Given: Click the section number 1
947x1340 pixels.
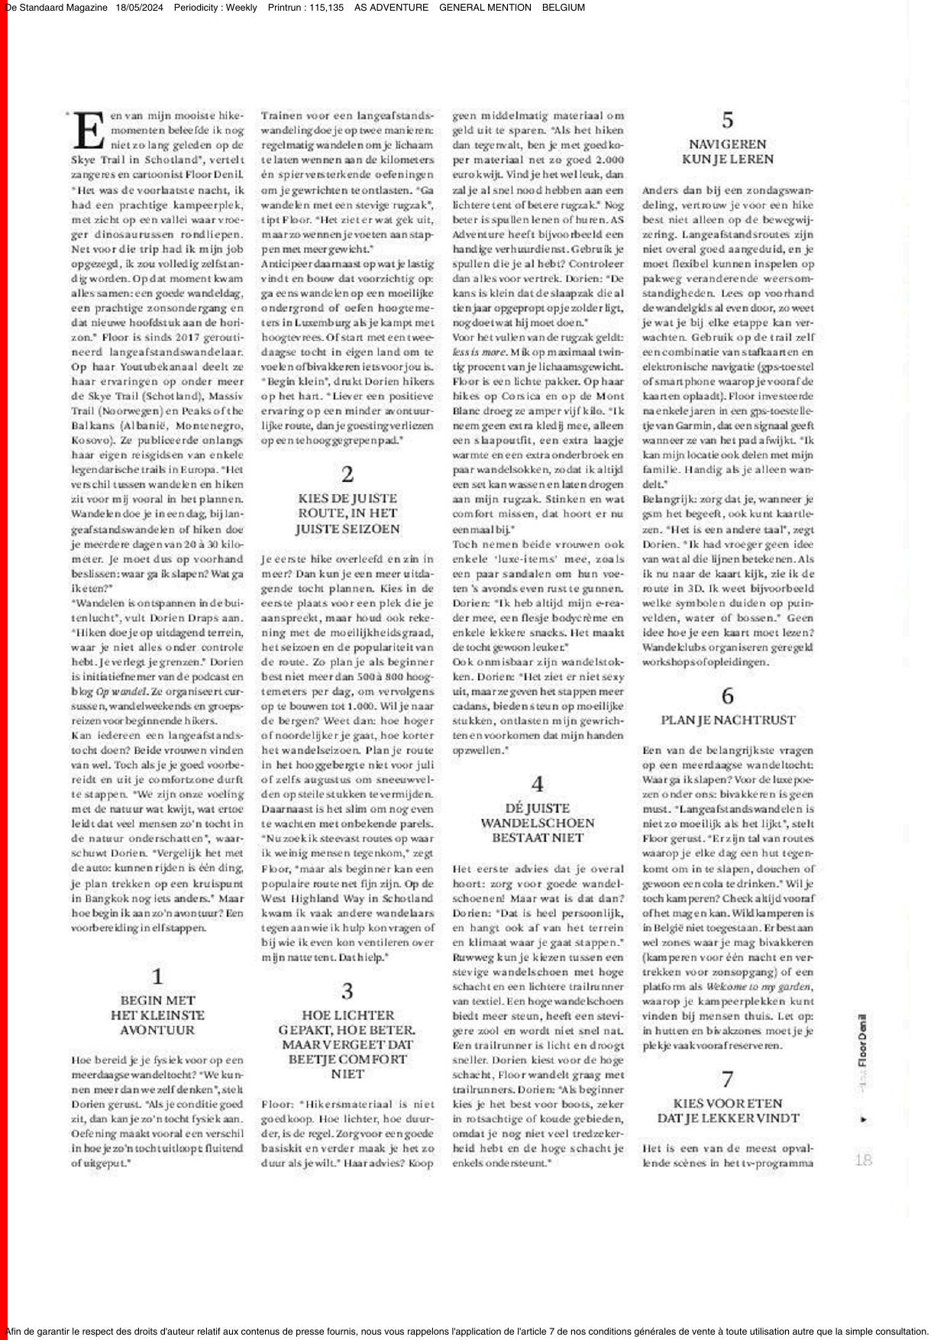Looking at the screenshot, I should pyautogui.click(x=157, y=976).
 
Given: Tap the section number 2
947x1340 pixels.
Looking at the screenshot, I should pyautogui.click(x=347, y=474).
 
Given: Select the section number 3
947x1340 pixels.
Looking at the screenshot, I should pyautogui.click(x=347, y=991).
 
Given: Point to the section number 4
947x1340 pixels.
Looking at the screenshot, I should pyautogui.click(x=538, y=784).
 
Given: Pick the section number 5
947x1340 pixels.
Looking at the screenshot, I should pyautogui.click(x=728, y=120).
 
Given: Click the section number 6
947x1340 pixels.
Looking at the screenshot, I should pyautogui.click(x=728, y=696).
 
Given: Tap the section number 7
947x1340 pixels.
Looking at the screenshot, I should pyautogui.click(x=728, y=1079).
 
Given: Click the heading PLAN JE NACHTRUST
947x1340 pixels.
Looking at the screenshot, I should pyautogui.click(x=728, y=720).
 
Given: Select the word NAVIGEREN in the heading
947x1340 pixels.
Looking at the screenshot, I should pyautogui.click(x=728, y=144).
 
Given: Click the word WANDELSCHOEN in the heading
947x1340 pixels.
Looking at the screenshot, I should pyautogui.click(x=538, y=823).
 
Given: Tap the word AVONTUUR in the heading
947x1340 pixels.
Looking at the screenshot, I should pyautogui.click(x=157, y=1030).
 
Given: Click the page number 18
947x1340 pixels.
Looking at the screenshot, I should pyautogui.click(x=863, y=1160).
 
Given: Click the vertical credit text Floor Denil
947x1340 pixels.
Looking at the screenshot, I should pyautogui.click(x=862, y=1040).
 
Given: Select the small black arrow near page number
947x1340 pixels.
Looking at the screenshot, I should pyautogui.click(x=863, y=1119).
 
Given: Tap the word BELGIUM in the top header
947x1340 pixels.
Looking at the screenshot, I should pyautogui.click(x=564, y=8).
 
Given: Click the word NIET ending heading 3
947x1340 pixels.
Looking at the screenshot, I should pyautogui.click(x=347, y=1074).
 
